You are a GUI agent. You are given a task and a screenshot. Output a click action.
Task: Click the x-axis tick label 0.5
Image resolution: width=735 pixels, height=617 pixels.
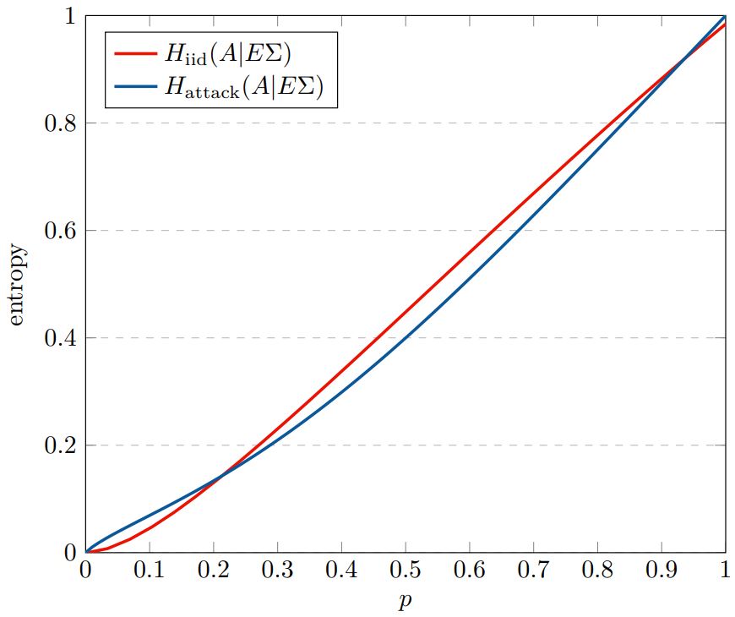click(x=406, y=572)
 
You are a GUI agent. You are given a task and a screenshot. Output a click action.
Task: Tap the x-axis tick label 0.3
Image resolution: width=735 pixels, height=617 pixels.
click(x=277, y=572)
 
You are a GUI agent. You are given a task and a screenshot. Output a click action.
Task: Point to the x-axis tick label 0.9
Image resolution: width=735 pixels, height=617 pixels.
click(x=661, y=572)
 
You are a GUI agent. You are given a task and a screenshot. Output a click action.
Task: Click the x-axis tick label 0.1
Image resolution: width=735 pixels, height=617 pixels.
click(x=150, y=572)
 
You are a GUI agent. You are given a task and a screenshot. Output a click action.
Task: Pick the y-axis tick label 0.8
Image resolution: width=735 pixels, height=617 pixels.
click(x=58, y=123)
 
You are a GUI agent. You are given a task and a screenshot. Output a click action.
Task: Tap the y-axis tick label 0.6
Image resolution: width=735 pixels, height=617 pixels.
click(x=58, y=231)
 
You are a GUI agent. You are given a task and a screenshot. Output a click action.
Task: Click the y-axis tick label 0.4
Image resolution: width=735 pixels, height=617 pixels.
click(x=58, y=338)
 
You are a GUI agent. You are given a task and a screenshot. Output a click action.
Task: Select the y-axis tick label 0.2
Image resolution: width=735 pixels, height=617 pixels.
click(x=58, y=445)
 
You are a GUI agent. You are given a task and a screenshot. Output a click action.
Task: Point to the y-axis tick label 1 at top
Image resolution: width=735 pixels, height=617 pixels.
click(x=68, y=17)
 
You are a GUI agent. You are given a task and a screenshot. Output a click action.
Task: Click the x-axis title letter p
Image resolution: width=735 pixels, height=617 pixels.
click(x=406, y=602)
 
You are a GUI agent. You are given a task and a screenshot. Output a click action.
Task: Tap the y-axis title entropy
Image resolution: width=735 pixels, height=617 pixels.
click(x=18, y=285)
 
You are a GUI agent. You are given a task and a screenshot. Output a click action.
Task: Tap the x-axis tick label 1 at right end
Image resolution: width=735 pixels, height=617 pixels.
click(x=725, y=572)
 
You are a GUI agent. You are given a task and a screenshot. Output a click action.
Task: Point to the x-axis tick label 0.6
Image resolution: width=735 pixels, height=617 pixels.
click(x=470, y=572)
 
